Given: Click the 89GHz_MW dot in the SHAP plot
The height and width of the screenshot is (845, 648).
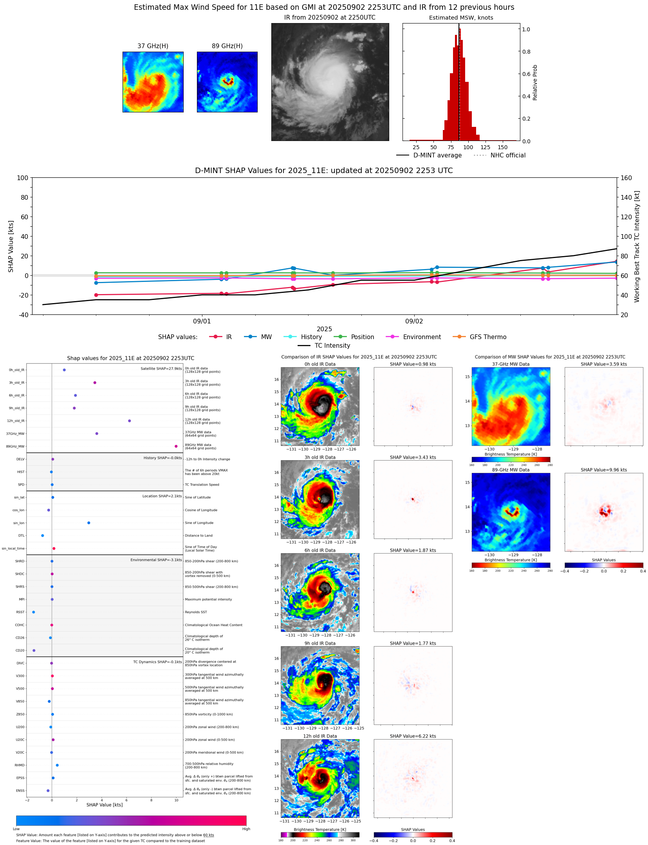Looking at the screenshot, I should click(x=176, y=446).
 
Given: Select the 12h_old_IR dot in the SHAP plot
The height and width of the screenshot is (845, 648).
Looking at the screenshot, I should click(x=129, y=421).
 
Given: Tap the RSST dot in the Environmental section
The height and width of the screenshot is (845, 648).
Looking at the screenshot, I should click(x=33, y=612).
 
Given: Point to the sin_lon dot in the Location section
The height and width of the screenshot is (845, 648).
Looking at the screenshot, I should click(x=88, y=523).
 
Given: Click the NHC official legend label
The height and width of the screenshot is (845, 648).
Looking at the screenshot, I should click(x=508, y=155).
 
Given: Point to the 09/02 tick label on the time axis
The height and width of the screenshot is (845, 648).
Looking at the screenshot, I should click(x=414, y=321).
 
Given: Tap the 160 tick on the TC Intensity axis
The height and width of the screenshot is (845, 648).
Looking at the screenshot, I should click(x=626, y=178).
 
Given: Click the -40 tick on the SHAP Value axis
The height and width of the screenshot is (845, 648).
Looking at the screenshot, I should click(x=22, y=314).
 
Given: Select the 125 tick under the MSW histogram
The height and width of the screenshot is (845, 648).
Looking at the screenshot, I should click(x=485, y=147).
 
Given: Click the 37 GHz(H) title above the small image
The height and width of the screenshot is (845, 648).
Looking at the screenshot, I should click(x=153, y=46).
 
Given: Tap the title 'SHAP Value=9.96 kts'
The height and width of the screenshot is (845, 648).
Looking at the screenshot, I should click(x=603, y=470).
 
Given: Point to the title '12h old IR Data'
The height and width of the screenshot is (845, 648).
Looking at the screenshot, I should click(x=320, y=736).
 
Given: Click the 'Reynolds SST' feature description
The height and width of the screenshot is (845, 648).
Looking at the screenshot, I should click(x=196, y=612).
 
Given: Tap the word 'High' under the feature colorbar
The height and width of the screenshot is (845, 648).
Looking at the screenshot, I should click(x=246, y=829).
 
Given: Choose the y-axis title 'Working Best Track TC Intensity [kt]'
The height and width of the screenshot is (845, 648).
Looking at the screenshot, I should click(x=637, y=246).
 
